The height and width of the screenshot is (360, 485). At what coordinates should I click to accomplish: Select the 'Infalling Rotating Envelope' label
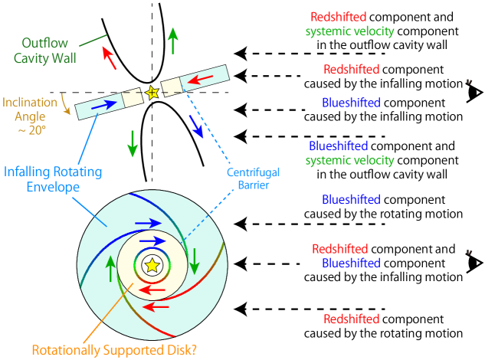click(53, 178)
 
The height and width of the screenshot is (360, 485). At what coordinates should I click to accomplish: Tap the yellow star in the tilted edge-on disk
click(152, 92)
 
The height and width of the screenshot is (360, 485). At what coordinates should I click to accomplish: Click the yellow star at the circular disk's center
click(152, 264)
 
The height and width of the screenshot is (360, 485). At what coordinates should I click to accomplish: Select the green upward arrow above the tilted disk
click(173, 40)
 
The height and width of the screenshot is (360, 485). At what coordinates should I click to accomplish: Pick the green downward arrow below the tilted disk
click(133, 143)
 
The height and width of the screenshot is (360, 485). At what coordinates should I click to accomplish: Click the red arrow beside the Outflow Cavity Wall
click(110, 58)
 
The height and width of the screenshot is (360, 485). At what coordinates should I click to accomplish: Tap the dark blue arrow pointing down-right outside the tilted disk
click(197, 127)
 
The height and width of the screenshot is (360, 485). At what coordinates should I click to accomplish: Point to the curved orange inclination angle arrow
click(67, 108)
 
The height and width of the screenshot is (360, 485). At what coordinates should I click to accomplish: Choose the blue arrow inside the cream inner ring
click(152, 241)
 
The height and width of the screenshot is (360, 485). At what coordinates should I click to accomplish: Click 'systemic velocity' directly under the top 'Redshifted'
click(349, 31)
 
